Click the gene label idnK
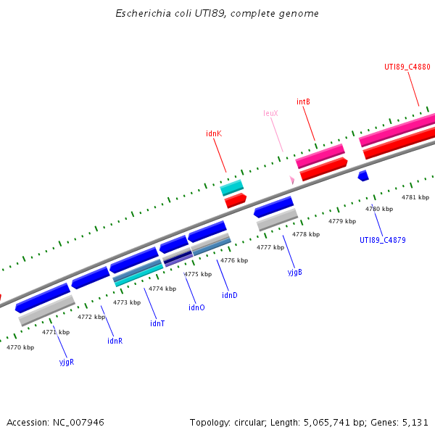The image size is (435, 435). [214, 133]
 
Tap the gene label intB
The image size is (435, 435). [303, 101]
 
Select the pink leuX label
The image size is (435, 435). [270, 113]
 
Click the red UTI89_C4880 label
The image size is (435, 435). [407, 67]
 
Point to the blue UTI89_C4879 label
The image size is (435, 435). [382, 240]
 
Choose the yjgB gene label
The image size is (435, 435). [294, 272]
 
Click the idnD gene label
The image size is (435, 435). [230, 295]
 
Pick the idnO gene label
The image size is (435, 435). [196, 307]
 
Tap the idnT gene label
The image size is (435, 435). [157, 323]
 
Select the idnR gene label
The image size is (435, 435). [115, 341]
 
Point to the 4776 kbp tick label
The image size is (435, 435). [234, 260]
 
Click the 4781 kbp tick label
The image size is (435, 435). [415, 197]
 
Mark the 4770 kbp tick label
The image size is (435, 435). [20, 347]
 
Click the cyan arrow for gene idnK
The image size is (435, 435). [232, 188]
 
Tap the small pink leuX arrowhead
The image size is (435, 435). [292, 180]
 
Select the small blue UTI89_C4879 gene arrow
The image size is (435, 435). [363, 175]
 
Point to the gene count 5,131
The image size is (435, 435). [415, 422]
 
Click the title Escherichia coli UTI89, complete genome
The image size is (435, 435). [217, 14]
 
